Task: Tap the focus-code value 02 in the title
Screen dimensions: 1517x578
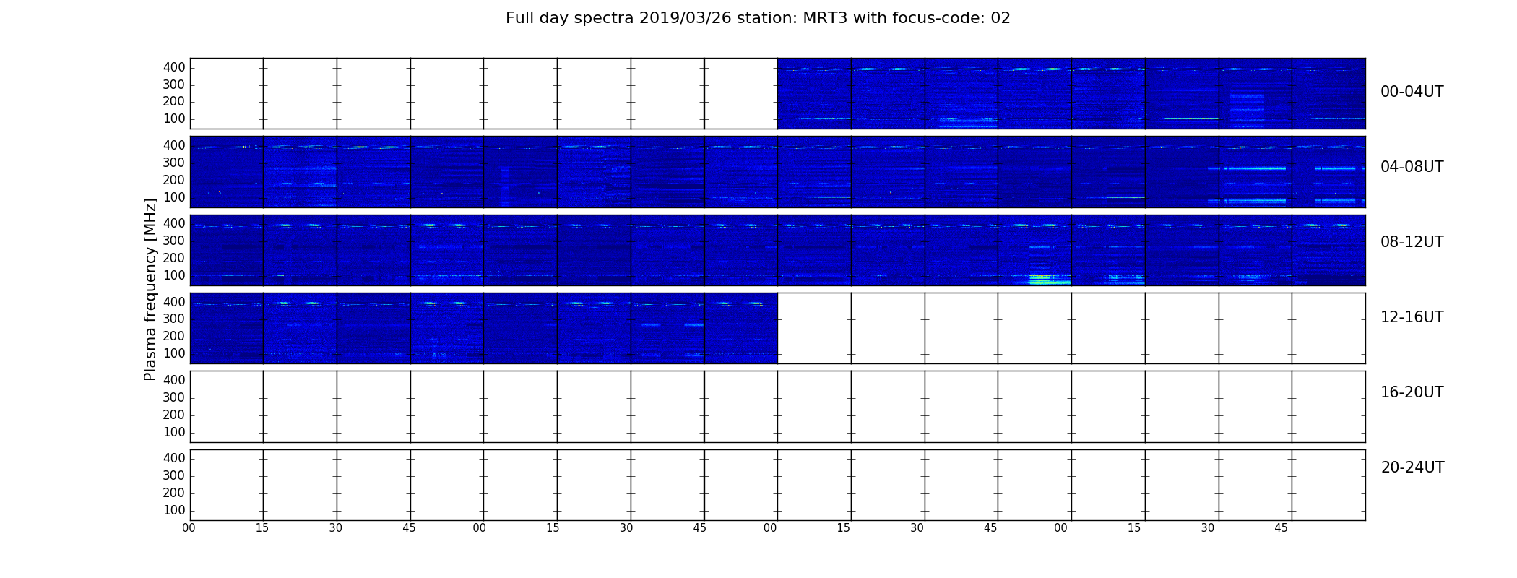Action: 1000,18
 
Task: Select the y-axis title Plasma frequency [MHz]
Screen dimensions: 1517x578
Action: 150,289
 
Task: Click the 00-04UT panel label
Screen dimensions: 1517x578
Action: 1412,92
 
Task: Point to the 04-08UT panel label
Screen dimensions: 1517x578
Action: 1412,167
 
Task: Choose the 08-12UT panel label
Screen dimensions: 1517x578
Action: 1412,242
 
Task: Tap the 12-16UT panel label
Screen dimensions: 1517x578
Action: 1412,317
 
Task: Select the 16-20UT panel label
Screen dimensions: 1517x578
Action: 1412,392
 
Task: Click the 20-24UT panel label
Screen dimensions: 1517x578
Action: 1412,467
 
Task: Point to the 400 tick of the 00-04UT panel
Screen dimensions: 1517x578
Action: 174,67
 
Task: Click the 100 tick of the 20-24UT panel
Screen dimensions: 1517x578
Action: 174,510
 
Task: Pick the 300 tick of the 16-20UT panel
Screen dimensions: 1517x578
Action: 174,397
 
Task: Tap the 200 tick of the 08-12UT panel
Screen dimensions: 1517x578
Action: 174,258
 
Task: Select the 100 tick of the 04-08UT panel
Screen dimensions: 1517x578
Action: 174,197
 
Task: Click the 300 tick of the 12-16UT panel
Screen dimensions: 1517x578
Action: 174,319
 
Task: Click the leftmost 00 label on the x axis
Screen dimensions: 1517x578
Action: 189,528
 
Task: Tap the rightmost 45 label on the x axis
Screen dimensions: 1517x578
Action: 1281,528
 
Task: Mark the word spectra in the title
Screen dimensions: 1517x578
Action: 605,19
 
